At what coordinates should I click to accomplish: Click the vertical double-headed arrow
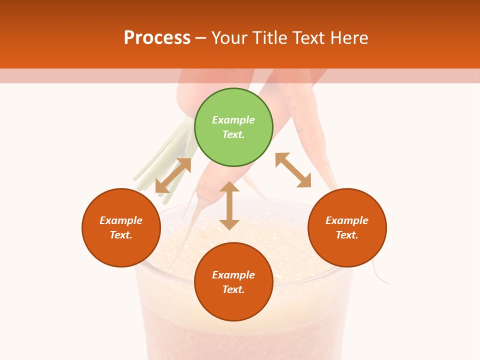click(x=229, y=205)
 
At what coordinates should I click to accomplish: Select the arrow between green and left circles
click(x=173, y=175)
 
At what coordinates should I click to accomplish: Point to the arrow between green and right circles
click(x=293, y=170)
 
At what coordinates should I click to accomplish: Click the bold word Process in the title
click(x=157, y=38)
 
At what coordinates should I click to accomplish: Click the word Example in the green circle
click(x=233, y=120)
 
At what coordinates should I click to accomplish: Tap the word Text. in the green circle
click(x=233, y=134)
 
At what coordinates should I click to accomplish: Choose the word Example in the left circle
click(x=121, y=220)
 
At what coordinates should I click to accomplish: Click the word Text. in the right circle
click(x=347, y=235)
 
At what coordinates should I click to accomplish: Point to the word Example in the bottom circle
click(x=233, y=275)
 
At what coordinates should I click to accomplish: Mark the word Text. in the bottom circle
click(x=233, y=289)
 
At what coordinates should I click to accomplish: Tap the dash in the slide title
click(x=200, y=38)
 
